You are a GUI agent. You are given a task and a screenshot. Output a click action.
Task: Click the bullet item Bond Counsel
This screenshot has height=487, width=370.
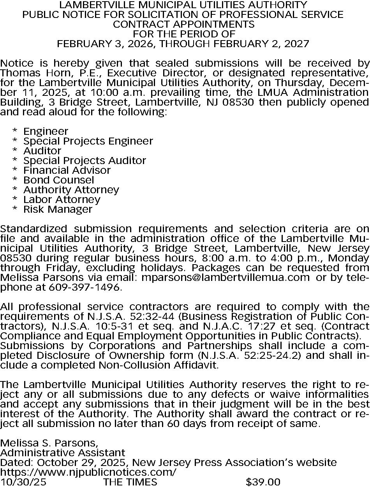(58, 180)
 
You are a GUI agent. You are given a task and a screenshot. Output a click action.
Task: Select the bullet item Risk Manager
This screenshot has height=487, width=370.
(58, 209)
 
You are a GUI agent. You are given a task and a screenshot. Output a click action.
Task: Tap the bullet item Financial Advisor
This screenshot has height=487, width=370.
(67, 170)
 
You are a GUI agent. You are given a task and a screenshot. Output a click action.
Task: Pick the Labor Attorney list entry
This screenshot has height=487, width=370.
(62, 199)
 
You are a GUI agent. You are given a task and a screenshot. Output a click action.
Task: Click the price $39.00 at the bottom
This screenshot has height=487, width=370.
(263, 482)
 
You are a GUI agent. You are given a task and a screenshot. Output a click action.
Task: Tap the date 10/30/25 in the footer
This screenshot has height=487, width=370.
(23, 482)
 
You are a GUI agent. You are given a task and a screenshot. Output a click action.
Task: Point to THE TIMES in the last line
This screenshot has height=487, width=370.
(130, 482)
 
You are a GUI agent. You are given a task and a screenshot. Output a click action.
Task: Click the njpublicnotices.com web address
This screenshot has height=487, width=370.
(88, 472)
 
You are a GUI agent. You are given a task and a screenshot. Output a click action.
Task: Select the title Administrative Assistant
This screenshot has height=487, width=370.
(63, 453)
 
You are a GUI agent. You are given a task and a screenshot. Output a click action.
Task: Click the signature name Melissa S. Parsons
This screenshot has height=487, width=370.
(49, 443)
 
